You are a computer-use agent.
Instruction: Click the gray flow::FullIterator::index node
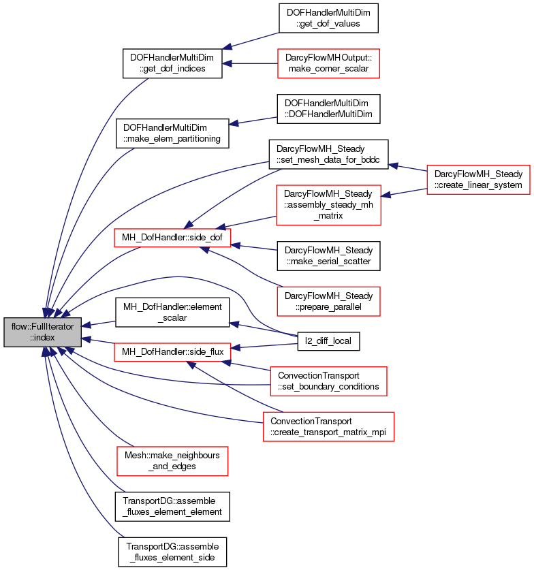(x=42, y=332)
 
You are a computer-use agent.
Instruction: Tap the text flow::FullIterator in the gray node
(x=42, y=327)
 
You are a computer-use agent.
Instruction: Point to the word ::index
(x=42, y=338)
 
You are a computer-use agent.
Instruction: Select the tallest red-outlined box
(x=328, y=205)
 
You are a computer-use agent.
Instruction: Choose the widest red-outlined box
(x=328, y=426)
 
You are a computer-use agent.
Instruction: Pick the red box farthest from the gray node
(x=478, y=180)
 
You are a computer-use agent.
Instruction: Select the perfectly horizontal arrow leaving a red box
(x=249, y=63)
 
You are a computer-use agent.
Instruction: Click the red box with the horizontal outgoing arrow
(x=328, y=63)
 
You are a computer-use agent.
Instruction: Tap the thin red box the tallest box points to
(x=172, y=238)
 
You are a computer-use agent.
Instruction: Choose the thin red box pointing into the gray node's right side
(x=172, y=352)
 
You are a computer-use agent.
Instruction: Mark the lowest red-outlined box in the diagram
(x=172, y=461)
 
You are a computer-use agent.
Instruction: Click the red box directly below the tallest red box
(x=328, y=301)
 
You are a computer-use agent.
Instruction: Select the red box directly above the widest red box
(x=328, y=381)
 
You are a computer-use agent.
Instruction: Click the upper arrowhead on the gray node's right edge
(x=87, y=324)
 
